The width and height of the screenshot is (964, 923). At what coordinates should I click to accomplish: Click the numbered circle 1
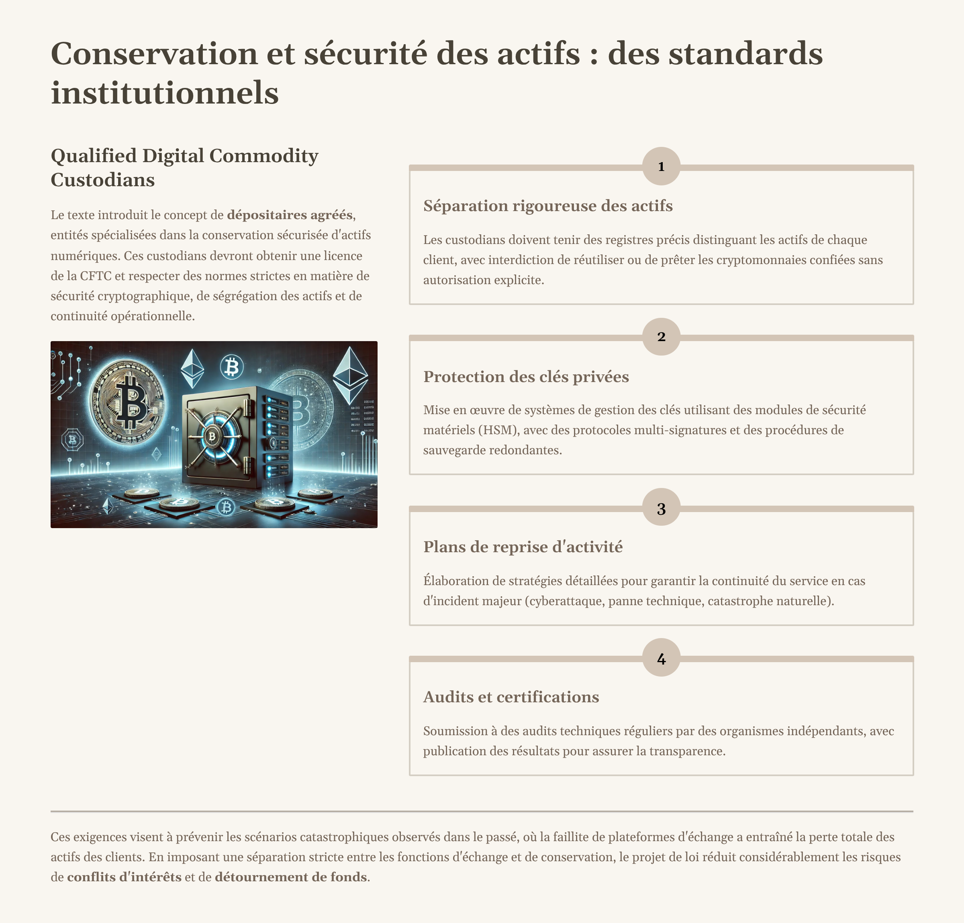[661, 166]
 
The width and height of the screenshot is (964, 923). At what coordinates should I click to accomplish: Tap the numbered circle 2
[661, 337]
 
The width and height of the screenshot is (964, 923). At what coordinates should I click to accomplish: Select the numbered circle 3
[661, 508]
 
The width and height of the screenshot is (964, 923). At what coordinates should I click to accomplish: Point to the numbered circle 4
[661, 658]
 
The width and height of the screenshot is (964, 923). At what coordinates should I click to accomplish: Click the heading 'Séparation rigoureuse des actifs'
[547, 205]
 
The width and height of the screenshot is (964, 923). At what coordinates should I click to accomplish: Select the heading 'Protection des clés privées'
[526, 376]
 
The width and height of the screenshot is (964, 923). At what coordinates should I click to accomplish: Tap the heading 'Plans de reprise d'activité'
[522, 547]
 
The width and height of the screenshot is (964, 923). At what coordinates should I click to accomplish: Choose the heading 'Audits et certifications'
[511, 697]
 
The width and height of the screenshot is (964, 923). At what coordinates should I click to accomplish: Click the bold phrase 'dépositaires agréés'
[290, 215]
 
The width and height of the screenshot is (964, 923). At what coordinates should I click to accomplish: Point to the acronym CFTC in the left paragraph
[96, 276]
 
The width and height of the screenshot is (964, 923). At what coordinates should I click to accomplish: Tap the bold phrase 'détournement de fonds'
[291, 877]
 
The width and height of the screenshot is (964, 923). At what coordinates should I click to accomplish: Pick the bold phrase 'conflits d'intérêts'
[124, 877]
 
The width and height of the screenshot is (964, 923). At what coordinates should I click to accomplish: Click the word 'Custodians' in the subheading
[102, 180]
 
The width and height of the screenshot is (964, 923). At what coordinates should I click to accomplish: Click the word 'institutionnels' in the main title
[164, 92]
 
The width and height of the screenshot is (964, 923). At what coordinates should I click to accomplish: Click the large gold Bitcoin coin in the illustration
[127, 401]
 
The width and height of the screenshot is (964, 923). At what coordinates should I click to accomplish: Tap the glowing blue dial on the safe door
[212, 435]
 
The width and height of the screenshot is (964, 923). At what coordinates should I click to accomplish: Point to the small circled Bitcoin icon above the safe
[231, 367]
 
